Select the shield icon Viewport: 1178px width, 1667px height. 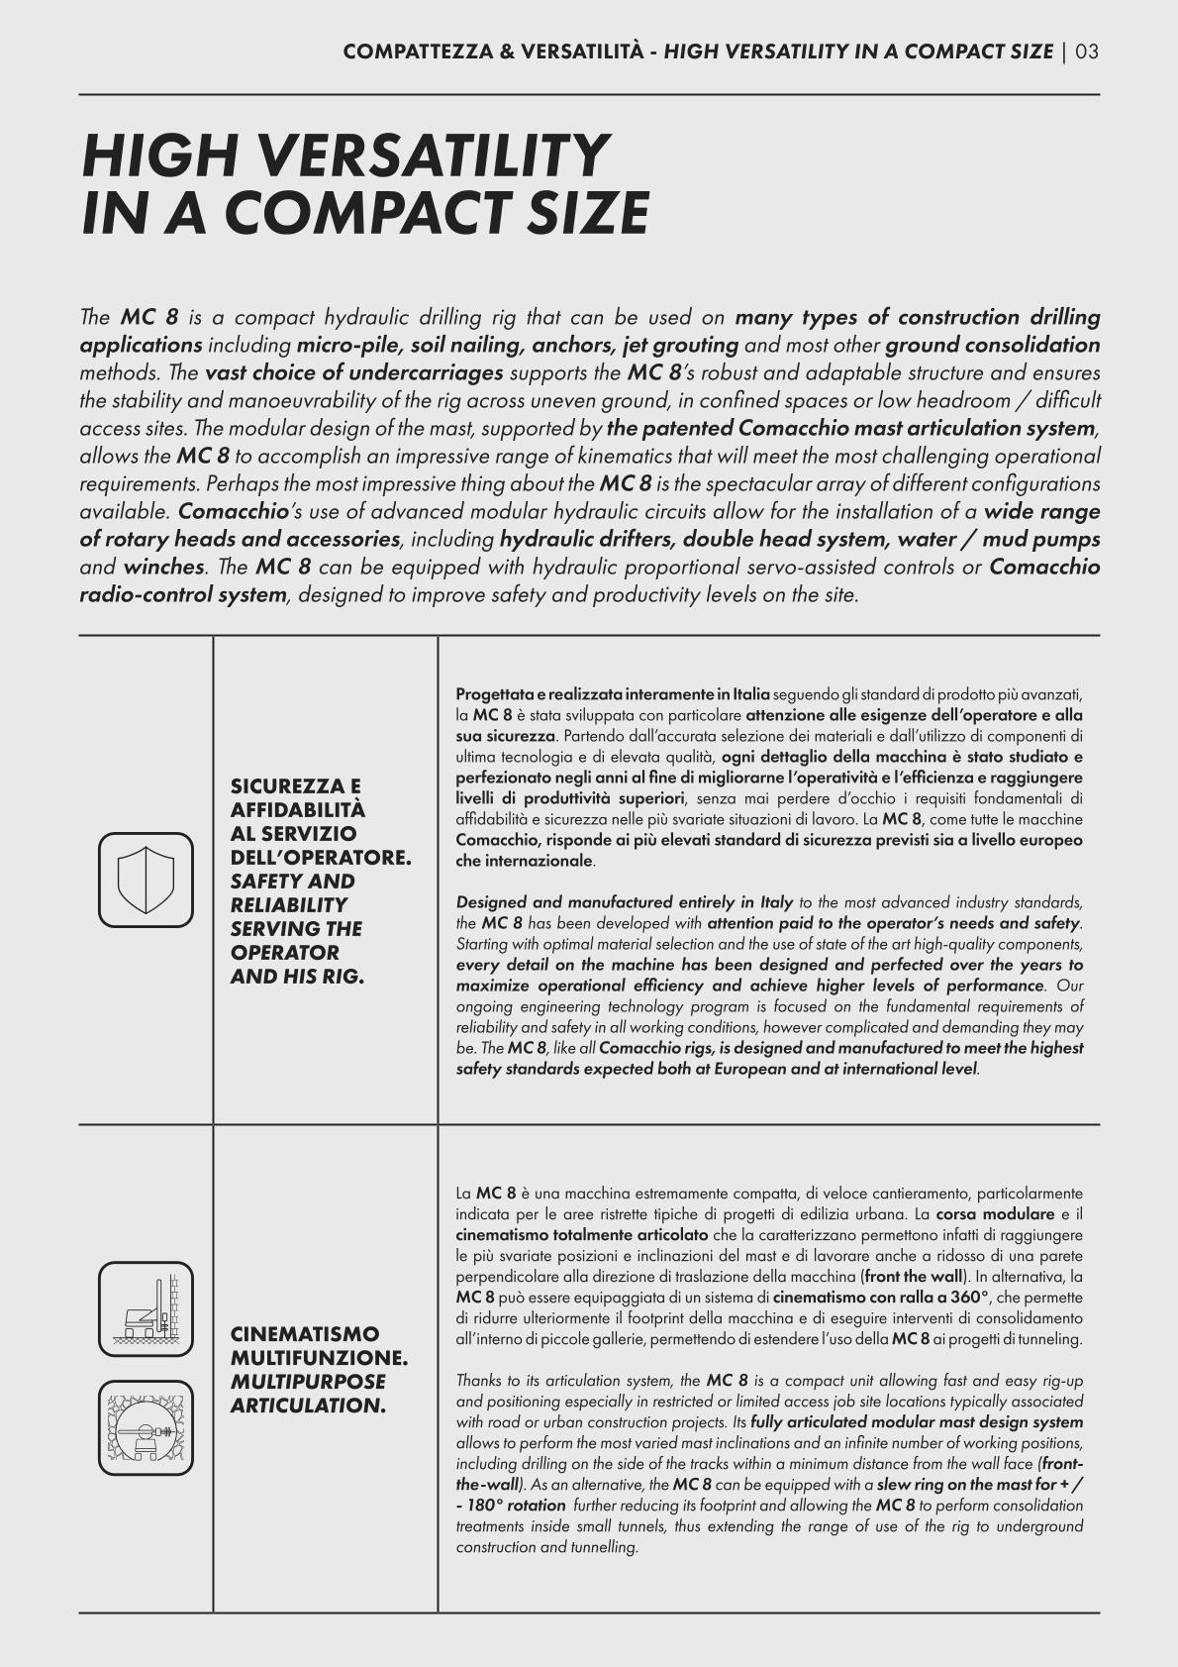click(x=147, y=880)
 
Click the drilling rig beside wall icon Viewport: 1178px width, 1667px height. click(x=147, y=1309)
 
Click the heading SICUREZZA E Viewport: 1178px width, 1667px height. click(x=296, y=786)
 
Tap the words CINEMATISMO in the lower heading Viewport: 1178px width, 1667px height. click(x=304, y=1333)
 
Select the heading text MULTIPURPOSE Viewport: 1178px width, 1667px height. click(x=308, y=1381)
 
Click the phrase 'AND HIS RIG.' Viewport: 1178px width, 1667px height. click(x=297, y=977)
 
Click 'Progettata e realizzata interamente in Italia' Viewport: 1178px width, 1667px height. click(x=612, y=693)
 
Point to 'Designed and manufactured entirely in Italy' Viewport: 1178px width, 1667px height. click(x=624, y=902)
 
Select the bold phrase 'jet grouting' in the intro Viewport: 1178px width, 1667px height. click(x=680, y=346)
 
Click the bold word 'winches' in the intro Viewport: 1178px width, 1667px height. click(x=164, y=568)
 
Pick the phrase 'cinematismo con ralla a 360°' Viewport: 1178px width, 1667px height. click(x=880, y=1297)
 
